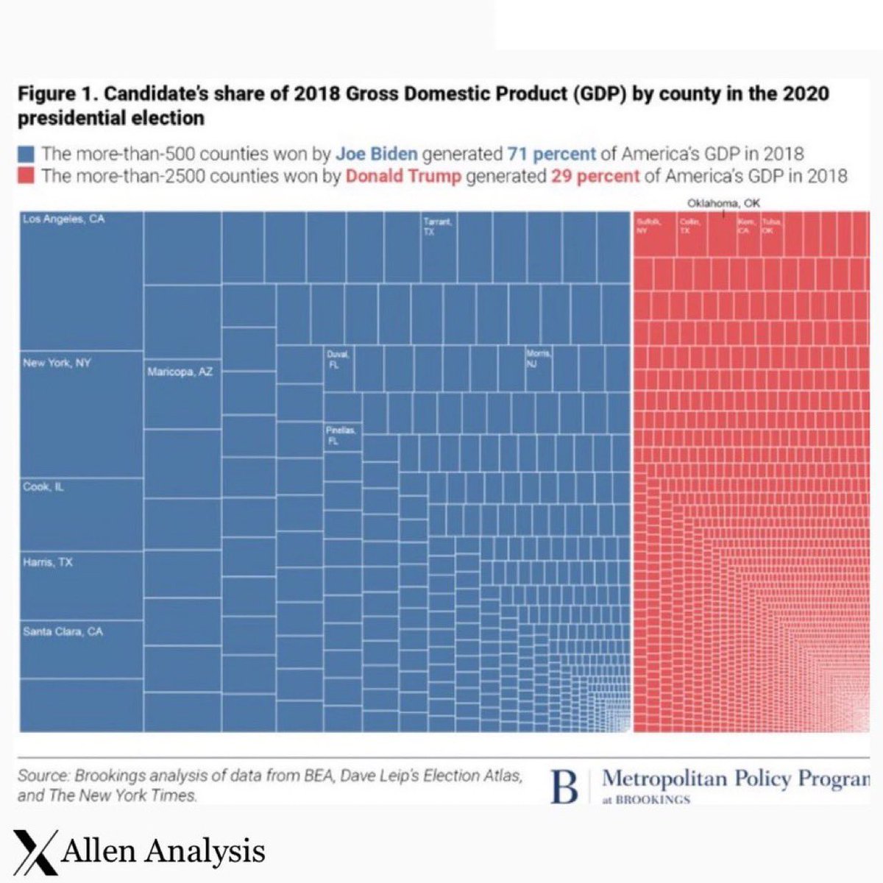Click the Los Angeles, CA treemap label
[x=64, y=219]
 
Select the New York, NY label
[x=57, y=363]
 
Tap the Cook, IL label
[x=43, y=486]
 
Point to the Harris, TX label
[x=48, y=563]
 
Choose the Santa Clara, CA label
[x=63, y=631]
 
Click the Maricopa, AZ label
[x=180, y=372]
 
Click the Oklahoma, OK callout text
[x=723, y=203]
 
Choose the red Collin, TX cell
[x=692, y=233]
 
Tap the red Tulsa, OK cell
[x=772, y=233]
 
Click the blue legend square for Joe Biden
[x=26, y=155]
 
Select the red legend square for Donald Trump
[x=26, y=176]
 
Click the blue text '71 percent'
[x=551, y=155]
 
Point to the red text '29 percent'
[x=595, y=176]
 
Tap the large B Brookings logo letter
[x=564, y=787]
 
